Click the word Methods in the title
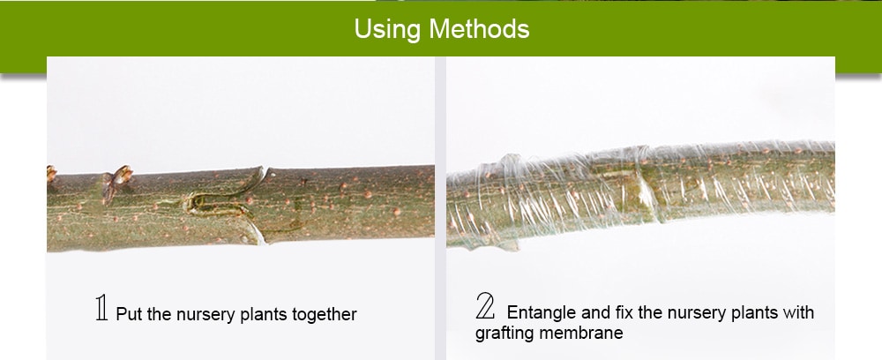(x=480, y=29)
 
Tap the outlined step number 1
(x=101, y=310)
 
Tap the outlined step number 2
(x=486, y=308)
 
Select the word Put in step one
(x=129, y=314)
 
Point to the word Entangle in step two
(x=539, y=312)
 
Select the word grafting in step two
(x=504, y=334)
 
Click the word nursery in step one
(x=204, y=314)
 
